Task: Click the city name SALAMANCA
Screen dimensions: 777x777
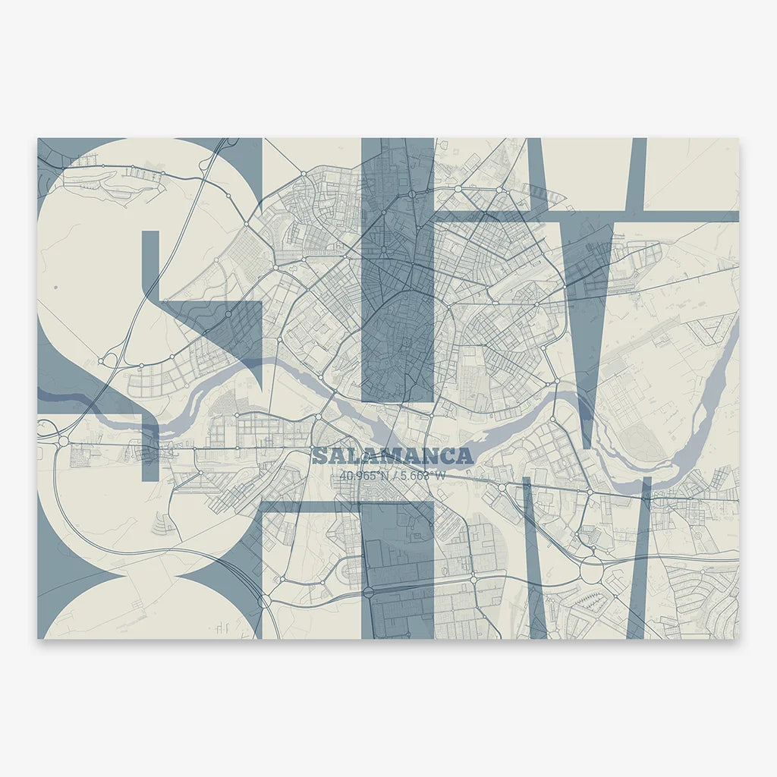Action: click(392, 456)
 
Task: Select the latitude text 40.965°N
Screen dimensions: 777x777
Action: click(362, 477)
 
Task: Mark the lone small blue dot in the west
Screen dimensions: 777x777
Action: click(55, 286)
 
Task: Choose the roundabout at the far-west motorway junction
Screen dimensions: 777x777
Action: click(62, 439)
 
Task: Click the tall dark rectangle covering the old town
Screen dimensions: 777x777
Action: click(397, 269)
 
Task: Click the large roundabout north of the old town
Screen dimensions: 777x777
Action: click(412, 193)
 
